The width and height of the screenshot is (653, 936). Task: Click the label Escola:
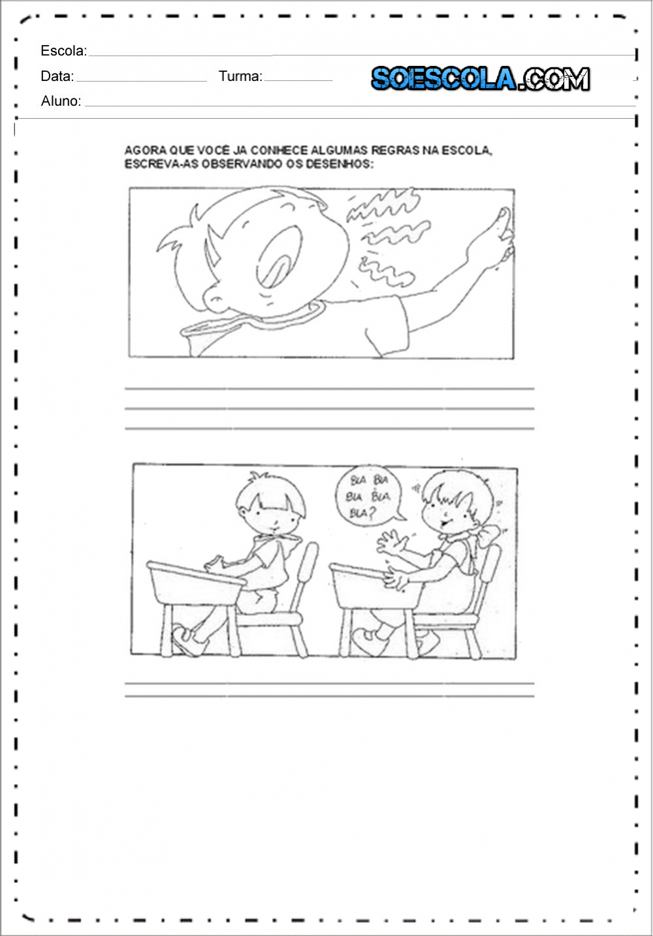(63, 50)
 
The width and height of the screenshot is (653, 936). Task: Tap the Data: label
(57, 76)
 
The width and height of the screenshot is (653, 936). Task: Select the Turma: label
(241, 76)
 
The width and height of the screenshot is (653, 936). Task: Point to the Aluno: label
(61, 101)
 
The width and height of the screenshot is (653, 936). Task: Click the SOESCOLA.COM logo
(481, 78)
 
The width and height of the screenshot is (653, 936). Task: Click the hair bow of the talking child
(490, 535)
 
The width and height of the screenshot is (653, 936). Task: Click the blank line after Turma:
(298, 80)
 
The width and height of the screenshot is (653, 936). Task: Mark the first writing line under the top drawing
(329, 389)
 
